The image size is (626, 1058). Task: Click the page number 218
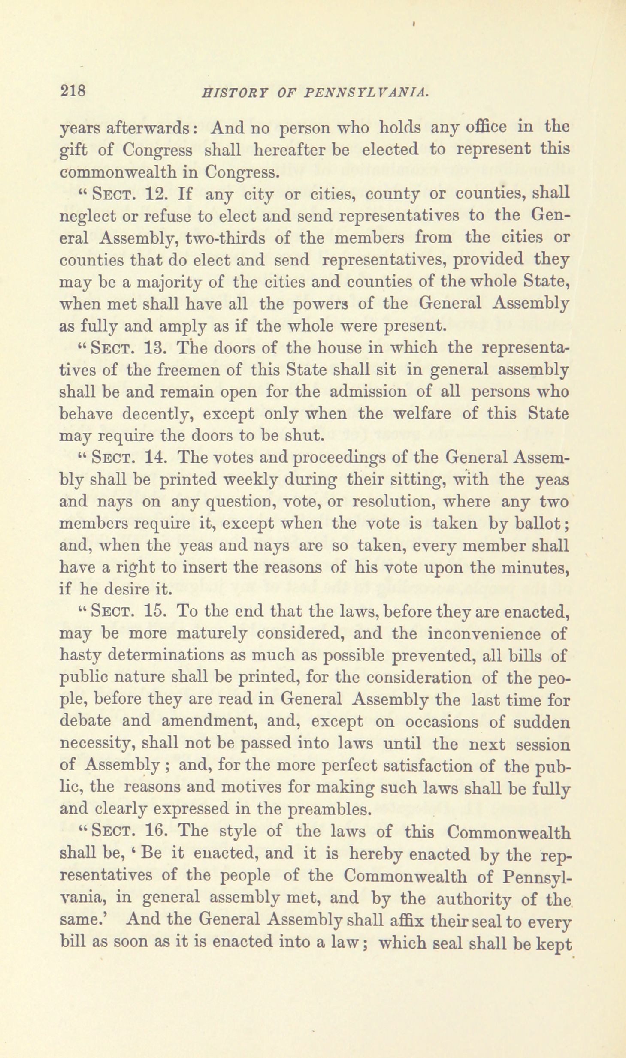(73, 91)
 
